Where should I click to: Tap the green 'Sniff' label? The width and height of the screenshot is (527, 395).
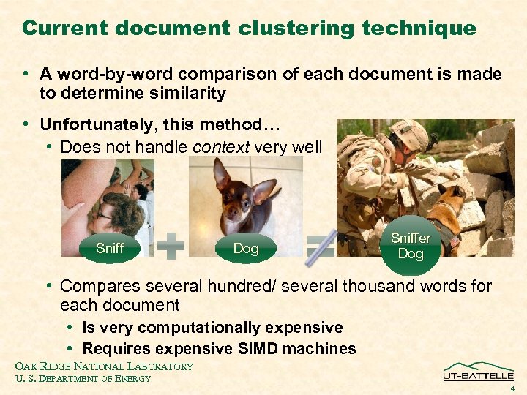tap(110, 248)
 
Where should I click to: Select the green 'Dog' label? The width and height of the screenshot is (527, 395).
tap(246, 248)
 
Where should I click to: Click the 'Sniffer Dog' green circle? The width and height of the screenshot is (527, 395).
tap(411, 246)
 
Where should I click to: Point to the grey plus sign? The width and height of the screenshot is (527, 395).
tap(171, 247)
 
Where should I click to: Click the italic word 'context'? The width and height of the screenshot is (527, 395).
tap(221, 147)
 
